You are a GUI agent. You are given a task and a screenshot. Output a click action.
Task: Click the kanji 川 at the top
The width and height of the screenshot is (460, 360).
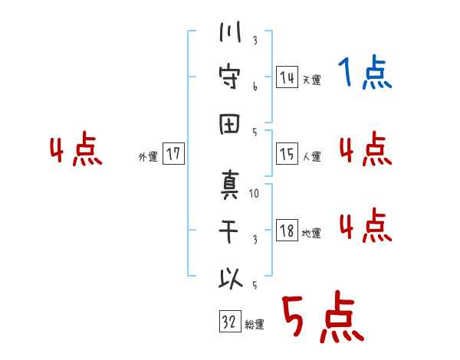tap(230, 34)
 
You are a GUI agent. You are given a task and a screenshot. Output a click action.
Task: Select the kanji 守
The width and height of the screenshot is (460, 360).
tap(230, 78)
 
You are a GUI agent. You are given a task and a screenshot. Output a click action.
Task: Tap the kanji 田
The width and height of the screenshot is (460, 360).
tap(230, 123)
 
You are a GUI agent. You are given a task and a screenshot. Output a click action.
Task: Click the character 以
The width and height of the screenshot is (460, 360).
tap(230, 280)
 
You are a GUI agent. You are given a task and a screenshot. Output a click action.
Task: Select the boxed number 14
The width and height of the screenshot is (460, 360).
tap(287, 77)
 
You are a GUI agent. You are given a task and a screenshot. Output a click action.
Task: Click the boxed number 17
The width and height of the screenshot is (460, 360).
tap(173, 154)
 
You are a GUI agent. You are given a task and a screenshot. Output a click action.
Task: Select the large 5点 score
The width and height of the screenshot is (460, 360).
tap(322, 319)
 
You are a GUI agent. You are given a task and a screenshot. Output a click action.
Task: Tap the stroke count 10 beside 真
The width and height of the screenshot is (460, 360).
tap(255, 194)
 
